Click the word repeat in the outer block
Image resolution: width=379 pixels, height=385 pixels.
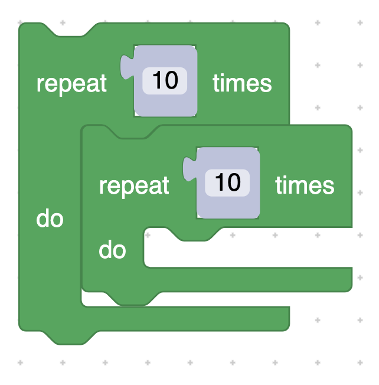[x=71, y=83]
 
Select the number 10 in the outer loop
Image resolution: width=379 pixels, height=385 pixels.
[x=165, y=80]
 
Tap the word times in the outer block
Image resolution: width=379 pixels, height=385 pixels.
[x=242, y=83]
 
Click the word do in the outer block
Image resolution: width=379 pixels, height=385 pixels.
[x=50, y=219]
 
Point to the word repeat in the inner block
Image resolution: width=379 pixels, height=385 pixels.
[x=134, y=185]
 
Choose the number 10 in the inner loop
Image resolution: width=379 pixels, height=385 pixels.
[x=227, y=182]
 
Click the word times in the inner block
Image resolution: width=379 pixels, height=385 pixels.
[x=305, y=185]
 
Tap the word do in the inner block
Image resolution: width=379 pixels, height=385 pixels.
[x=112, y=251]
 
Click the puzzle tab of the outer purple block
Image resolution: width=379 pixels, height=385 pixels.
[x=126, y=67]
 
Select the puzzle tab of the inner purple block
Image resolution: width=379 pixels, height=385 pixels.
[x=189, y=169]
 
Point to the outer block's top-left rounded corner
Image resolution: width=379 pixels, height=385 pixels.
[x=23, y=27]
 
